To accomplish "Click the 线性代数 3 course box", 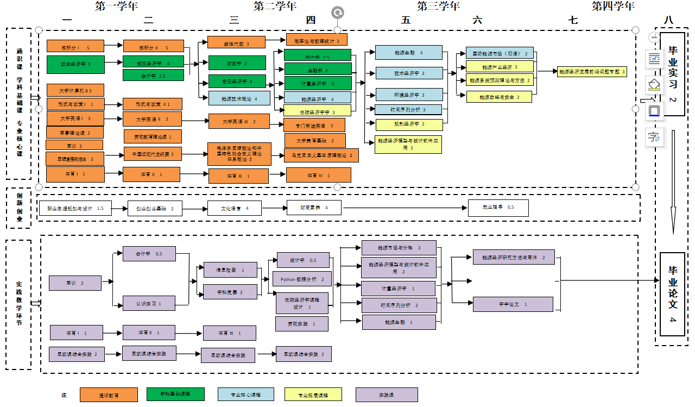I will (236, 43).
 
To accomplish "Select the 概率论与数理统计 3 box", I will (317, 40).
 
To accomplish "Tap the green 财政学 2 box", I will (237, 63).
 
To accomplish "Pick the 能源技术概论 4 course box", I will (239, 99).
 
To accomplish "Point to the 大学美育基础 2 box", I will (315, 140).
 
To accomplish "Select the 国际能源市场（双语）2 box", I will (500, 53).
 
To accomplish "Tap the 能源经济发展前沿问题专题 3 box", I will (592, 72).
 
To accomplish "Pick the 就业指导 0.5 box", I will (498, 208).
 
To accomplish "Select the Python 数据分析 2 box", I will (302, 279).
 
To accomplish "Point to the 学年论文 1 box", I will (513, 304).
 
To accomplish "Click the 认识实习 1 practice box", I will (149, 303).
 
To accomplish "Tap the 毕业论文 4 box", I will (673, 294).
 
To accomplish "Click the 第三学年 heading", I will (438, 7).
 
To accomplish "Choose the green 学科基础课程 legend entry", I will (175, 395).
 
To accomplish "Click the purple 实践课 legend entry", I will (386, 395).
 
